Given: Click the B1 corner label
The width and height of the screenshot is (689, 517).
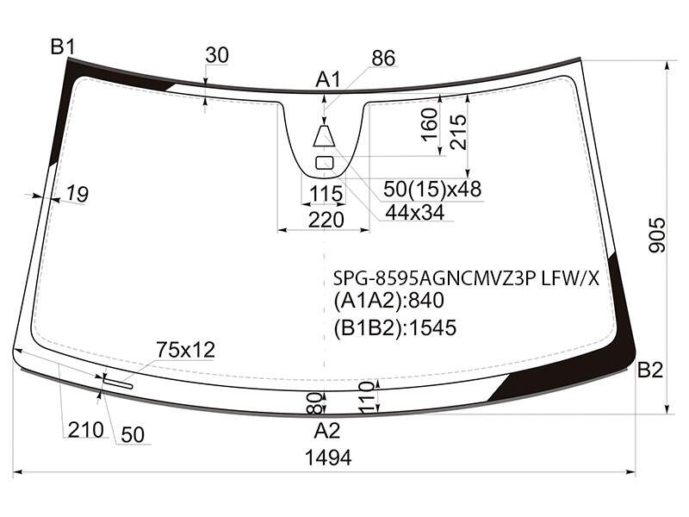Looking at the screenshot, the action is [x=63, y=47].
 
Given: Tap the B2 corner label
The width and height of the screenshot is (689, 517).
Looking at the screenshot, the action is [x=650, y=371].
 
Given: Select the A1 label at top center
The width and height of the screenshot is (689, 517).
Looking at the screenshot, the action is [x=328, y=80].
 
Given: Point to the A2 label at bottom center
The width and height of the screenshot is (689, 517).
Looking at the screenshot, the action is [x=327, y=431].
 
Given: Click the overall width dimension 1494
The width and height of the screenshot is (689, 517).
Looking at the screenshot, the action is [x=328, y=458].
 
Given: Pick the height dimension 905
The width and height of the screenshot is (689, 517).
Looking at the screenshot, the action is [x=657, y=234].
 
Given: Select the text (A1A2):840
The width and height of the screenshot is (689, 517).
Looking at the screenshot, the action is [x=389, y=301].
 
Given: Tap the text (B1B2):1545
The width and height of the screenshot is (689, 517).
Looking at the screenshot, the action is [x=395, y=328].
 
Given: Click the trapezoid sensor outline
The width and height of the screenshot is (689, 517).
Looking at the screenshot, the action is [x=325, y=136].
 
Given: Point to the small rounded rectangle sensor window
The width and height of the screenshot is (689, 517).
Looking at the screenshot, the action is [x=325, y=163].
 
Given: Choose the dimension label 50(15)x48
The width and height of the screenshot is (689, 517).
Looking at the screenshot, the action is [x=432, y=189].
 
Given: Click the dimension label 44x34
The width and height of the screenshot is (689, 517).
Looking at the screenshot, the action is [x=415, y=213].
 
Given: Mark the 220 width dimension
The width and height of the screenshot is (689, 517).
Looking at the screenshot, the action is [x=326, y=220].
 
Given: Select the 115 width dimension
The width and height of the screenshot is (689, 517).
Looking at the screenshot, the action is [x=326, y=193].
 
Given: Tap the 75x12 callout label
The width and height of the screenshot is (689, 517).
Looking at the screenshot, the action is [x=185, y=350].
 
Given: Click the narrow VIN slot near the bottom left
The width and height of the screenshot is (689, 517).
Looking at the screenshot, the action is [x=118, y=383].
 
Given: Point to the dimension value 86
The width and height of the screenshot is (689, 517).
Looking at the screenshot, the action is [x=383, y=58].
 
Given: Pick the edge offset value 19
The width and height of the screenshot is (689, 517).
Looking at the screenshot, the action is [x=78, y=193].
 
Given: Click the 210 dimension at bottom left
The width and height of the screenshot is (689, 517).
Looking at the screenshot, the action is [x=85, y=430].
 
